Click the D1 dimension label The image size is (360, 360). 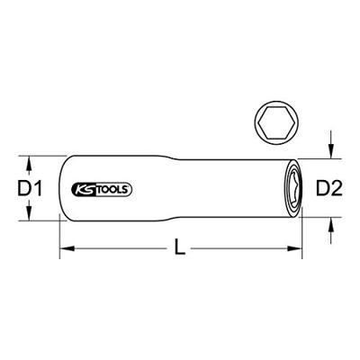32,188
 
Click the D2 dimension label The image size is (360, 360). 330,188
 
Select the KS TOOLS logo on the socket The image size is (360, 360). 100,189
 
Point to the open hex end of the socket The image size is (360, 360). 294,188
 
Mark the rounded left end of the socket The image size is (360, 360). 63,188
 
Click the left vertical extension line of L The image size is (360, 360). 59,236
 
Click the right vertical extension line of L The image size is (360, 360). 303,236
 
